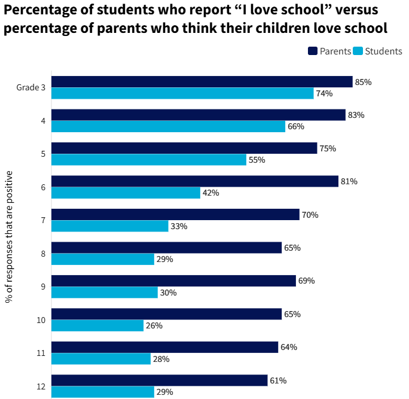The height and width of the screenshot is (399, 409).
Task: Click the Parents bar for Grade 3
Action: pyautogui.click(x=202, y=82)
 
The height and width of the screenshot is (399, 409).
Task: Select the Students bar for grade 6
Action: pyautogui.click(x=126, y=193)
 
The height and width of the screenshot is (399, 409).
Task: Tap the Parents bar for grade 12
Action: pyautogui.click(x=159, y=380)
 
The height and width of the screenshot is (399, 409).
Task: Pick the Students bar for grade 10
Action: pyautogui.click(x=97, y=325)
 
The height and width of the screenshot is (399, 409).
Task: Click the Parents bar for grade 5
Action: pyautogui.click(x=184, y=148)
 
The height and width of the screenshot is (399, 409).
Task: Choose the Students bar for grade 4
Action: pyautogui.click(x=168, y=126)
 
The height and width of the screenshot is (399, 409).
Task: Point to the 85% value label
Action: pyautogui.click(x=363, y=82)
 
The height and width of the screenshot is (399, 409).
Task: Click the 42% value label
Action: pyautogui.click(x=210, y=193)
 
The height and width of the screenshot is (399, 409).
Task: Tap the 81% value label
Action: pyautogui.click(x=349, y=181)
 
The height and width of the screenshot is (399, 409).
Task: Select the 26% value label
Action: pyautogui.click(x=154, y=325)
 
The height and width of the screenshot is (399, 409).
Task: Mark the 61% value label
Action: pyautogui.click(x=278, y=380)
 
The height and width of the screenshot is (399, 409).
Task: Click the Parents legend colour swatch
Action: pyautogui.click(x=312, y=51)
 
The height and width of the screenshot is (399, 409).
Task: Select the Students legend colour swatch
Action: pyautogui.click(x=358, y=51)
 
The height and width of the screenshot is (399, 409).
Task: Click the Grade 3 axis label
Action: pyautogui.click(x=31, y=87)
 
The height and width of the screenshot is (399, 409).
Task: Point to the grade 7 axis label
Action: pyautogui.click(x=43, y=220)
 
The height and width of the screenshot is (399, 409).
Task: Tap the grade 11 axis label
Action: pyautogui.click(x=41, y=353)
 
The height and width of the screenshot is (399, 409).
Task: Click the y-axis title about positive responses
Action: pyautogui.click(x=10, y=236)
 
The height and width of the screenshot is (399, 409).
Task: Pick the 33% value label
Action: pyautogui.click(x=179, y=226)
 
